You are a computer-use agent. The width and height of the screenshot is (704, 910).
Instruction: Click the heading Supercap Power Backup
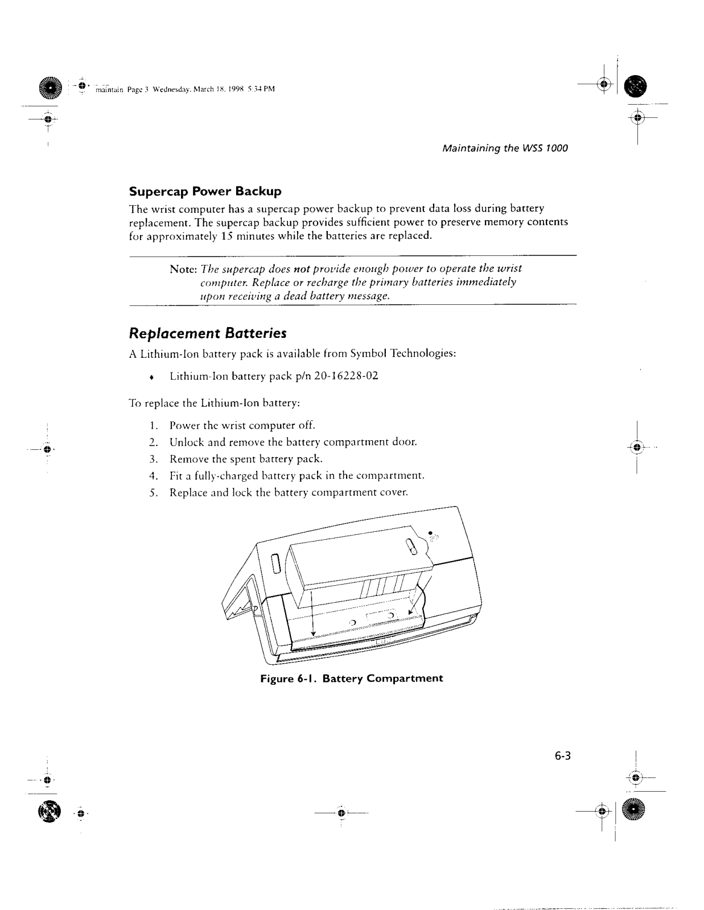[205, 191]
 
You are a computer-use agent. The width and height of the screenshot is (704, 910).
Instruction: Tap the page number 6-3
[562, 756]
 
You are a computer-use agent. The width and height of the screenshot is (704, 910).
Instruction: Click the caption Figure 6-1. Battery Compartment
[351, 679]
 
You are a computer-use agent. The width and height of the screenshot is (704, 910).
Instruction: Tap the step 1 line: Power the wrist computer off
[242, 425]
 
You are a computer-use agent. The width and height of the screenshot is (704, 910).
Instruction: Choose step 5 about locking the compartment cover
[289, 493]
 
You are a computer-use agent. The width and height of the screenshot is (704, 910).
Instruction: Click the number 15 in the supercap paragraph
[225, 235]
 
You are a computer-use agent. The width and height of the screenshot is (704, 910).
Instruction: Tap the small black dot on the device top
[430, 532]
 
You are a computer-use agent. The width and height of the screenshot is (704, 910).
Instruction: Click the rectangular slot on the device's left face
[277, 562]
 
